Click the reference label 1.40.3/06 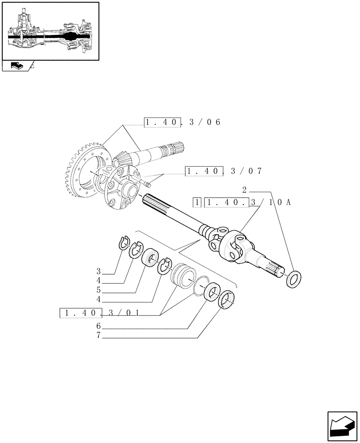coord(182,123)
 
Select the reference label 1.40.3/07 coord(224,171)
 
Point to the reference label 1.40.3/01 coord(99,313)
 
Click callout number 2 coord(244,190)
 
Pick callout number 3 coord(99,271)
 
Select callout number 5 coord(99,291)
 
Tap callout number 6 coord(99,326)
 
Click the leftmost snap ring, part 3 coord(125,243)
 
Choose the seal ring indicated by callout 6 coord(213,293)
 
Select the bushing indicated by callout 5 coord(150,258)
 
